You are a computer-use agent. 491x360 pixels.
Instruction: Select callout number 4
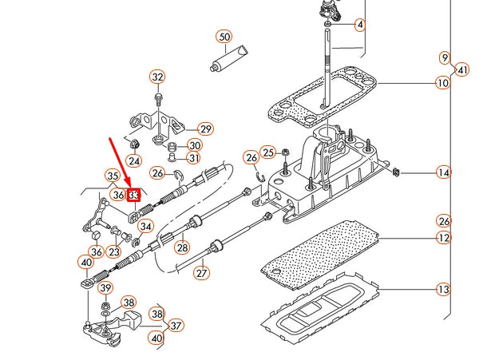pyautogui.click(x=359, y=26)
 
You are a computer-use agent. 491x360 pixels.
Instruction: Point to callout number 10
pyautogui.click(x=443, y=83)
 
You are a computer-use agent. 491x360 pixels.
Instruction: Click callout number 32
pyautogui.click(x=157, y=77)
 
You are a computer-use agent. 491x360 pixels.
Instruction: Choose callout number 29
pyautogui.click(x=205, y=129)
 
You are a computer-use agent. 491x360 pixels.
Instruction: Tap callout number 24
pyautogui.click(x=133, y=160)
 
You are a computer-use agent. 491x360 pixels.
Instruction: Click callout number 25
pyautogui.click(x=268, y=152)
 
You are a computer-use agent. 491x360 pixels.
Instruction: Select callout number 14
pyautogui.click(x=443, y=172)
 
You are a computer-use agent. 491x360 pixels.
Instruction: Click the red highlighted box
pyautogui.click(x=134, y=194)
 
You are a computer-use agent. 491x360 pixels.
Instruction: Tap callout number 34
pyautogui.click(x=145, y=227)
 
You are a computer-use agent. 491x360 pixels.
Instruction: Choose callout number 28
pyautogui.click(x=182, y=248)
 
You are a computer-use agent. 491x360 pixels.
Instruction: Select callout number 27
pyautogui.click(x=201, y=272)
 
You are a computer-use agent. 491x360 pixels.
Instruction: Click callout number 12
pyautogui.click(x=443, y=238)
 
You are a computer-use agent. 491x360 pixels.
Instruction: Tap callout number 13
pyautogui.click(x=443, y=291)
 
